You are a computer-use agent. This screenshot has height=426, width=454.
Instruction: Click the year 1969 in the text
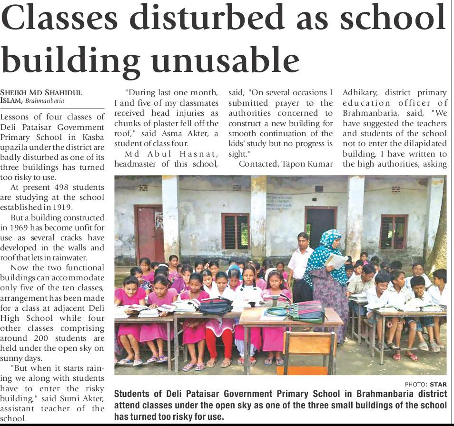point(22,227)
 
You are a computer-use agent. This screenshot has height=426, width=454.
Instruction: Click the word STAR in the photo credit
point(438,384)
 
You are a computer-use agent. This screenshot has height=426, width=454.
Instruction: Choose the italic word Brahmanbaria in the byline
point(45,101)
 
